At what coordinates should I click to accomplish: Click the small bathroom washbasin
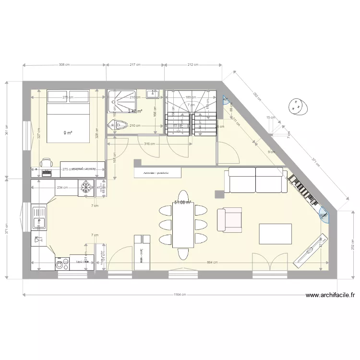tap(154, 92)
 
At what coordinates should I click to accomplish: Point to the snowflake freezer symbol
tap(86, 188)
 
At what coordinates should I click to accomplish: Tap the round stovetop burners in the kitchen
tap(62, 263)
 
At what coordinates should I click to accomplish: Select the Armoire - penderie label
tap(151, 172)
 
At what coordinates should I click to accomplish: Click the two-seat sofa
tap(255, 180)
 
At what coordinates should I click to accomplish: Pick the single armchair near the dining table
tap(229, 220)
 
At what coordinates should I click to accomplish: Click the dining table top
tap(182, 223)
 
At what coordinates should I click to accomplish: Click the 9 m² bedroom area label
tap(67, 133)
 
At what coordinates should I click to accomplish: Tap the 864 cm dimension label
tap(212, 263)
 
